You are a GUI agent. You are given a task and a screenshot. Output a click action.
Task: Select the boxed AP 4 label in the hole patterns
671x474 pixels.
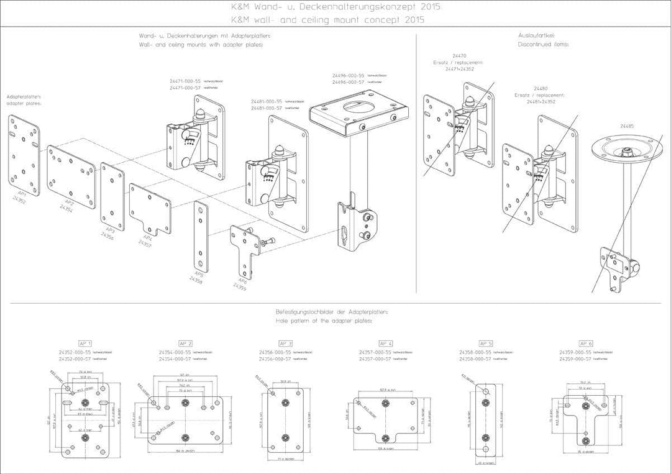point(385,343)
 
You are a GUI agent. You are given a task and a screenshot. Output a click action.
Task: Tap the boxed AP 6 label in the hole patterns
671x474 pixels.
point(586,343)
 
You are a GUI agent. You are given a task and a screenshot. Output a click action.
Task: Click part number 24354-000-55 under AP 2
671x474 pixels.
point(176,352)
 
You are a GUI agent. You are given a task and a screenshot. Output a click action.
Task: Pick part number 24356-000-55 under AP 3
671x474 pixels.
point(275,352)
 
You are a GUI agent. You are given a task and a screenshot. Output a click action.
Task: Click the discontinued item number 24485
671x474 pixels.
point(627,126)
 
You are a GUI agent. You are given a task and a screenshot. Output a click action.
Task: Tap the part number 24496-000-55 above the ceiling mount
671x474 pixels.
point(347,76)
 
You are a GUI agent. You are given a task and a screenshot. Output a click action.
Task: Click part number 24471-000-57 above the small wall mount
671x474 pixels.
point(185,88)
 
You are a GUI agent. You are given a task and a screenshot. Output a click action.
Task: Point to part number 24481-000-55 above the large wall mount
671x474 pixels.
point(267,101)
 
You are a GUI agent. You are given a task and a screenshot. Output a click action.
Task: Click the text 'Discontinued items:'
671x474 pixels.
point(543,44)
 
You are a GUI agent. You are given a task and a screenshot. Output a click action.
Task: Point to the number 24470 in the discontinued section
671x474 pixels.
point(459,57)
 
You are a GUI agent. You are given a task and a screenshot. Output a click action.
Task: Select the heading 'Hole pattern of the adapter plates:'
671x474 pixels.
point(323,322)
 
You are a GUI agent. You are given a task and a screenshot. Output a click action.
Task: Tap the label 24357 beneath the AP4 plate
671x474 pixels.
point(144,244)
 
